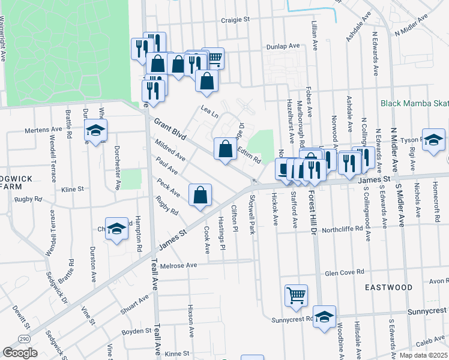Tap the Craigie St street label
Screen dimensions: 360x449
[235, 19]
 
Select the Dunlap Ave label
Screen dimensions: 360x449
[285, 46]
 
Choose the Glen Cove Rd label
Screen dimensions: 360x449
[345, 272]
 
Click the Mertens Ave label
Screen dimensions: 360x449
[43, 130]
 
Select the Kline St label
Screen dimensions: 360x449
[73, 189]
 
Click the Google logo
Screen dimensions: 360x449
[20, 353]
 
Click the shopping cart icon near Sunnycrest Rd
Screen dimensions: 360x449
[296, 296]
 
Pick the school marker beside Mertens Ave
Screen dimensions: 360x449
[95, 131]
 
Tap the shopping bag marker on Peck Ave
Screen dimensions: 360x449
[200, 196]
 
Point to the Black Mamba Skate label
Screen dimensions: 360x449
[414, 103]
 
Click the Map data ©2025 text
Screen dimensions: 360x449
[423, 355]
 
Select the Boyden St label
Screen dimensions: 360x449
[136, 331]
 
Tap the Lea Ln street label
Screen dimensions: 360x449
[209, 111]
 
